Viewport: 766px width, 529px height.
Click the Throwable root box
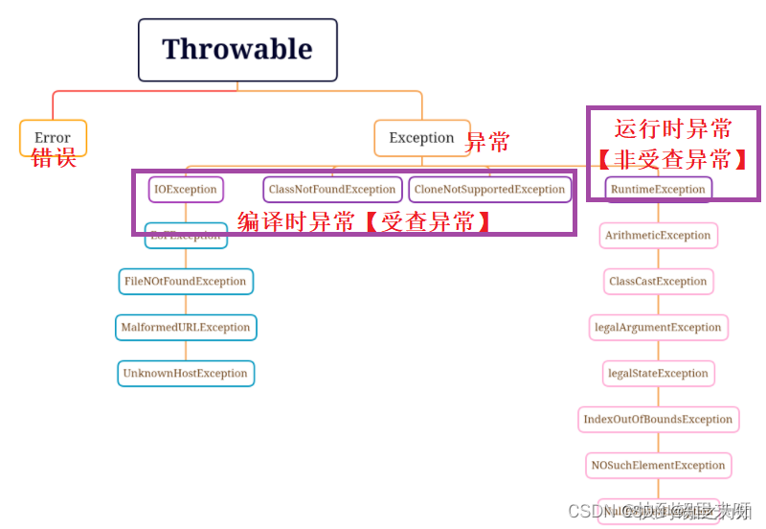click(x=237, y=50)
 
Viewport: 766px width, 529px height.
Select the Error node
click(x=53, y=137)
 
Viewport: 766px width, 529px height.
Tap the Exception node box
click(x=421, y=137)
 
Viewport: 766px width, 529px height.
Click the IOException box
click(x=186, y=189)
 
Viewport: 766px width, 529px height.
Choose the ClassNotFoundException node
click(x=332, y=189)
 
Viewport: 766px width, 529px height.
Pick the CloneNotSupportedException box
click(x=489, y=189)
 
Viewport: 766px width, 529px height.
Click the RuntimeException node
click(x=658, y=189)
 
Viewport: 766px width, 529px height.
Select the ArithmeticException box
click(x=658, y=235)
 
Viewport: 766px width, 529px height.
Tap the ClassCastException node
click(x=658, y=281)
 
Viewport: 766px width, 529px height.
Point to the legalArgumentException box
click(x=658, y=327)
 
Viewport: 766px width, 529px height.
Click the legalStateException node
click(x=658, y=373)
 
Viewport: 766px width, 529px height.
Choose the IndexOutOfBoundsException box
click(x=658, y=419)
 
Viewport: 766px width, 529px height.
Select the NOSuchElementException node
click(x=658, y=465)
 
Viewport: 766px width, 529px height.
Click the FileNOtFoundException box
click(x=186, y=281)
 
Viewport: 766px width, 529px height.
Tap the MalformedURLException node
click(x=186, y=327)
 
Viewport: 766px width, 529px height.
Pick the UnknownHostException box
click(x=186, y=373)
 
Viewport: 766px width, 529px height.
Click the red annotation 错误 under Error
click(x=54, y=158)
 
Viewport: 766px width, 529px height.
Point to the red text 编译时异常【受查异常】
click(x=365, y=222)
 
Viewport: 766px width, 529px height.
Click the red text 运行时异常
click(x=673, y=129)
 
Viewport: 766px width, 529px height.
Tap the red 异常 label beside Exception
click(x=487, y=143)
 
